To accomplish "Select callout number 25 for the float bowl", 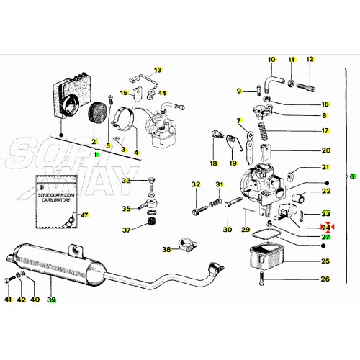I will pos(325,261).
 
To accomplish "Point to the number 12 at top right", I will pos(310,59).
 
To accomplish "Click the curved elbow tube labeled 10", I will pos(276,73).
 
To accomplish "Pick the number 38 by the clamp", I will pos(166,250).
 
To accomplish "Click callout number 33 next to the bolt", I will pos(127,180).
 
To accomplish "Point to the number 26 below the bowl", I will pos(325,279).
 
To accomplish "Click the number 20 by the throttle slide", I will pos(325,150).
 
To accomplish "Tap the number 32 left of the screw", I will pos(195,185).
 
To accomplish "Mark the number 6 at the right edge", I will pos(351,176).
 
